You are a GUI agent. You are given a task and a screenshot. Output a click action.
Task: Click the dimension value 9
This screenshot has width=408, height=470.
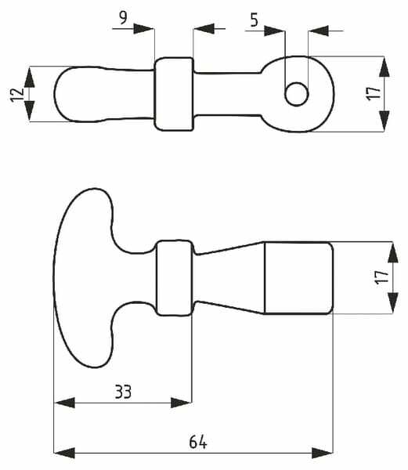(x=123, y=18)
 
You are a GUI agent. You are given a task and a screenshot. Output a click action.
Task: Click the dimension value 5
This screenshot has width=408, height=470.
(x=254, y=20)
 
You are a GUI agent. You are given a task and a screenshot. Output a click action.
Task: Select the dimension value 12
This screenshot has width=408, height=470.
(x=17, y=95)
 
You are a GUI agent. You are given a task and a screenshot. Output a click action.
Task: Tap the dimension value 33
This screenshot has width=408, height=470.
(x=123, y=392)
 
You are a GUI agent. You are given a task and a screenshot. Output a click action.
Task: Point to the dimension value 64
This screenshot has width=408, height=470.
(x=198, y=442)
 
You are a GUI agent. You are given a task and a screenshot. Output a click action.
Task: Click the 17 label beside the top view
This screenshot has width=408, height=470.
(x=374, y=93)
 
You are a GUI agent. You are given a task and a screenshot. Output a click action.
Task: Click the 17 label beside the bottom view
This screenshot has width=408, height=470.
(x=381, y=277)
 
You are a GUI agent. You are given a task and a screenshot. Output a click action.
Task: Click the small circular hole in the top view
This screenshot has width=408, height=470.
(x=297, y=94)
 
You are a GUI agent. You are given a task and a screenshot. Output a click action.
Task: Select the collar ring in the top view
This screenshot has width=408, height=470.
(x=174, y=94)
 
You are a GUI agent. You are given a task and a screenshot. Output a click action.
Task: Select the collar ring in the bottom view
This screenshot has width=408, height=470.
(x=175, y=278)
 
